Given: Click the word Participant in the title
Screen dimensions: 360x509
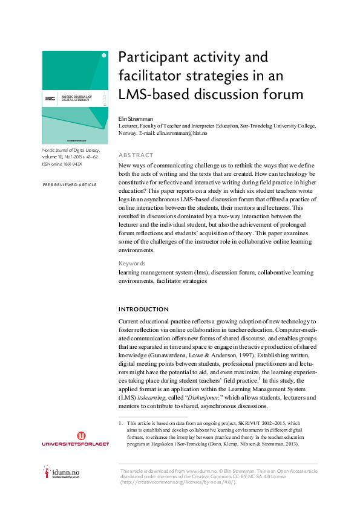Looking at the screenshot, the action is (151, 59).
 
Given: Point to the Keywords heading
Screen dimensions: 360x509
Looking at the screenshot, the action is (132, 264).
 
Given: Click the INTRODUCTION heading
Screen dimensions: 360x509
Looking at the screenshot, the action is (143, 310).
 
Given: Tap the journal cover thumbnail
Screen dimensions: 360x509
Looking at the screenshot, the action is (74, 97).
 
